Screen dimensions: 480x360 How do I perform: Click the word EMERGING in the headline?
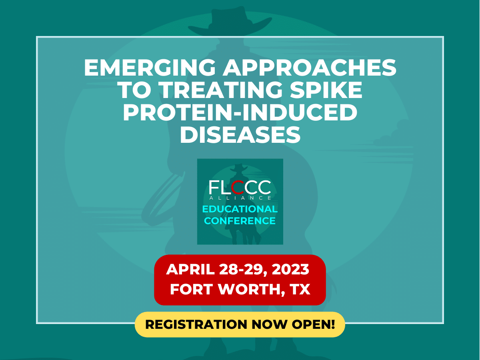(x=150, y=68)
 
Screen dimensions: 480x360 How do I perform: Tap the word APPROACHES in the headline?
(x=310, y=68)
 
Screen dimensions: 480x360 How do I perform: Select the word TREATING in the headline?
(x=221, y=90)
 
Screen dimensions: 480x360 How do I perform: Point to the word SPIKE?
(x=326, y=90)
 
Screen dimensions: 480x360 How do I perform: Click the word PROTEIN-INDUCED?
(x=240, y=112)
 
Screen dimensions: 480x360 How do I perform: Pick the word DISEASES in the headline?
(x=240, y=134)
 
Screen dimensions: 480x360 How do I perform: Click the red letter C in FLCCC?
(x=238, y=187)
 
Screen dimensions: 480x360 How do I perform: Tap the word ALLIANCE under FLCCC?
(x=240, y=198)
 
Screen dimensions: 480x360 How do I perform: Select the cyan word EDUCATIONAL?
(x=240, y=209)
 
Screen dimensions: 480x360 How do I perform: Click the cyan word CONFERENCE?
(x=240, y=221)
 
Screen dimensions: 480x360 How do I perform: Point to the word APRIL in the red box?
(x=190, y=269)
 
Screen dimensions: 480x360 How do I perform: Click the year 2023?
(x=290, y=269)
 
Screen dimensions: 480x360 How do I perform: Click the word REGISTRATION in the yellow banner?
(x=196, y=324)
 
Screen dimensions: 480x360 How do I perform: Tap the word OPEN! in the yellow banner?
(x=313, y=324)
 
